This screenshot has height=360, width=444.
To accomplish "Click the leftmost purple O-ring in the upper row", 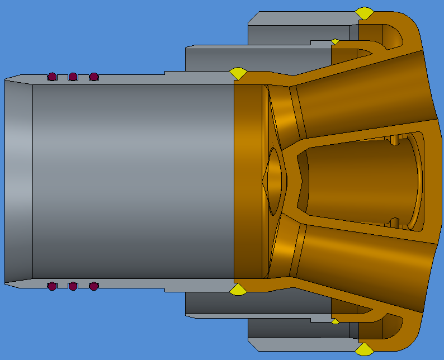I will [x=52, y=76].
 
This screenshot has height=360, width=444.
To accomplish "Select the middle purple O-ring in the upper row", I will [x=73, y=76].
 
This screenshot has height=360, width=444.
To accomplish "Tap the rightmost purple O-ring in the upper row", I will [x=93, y=76].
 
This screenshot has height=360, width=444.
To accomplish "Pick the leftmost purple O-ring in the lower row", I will [x=52, y=286].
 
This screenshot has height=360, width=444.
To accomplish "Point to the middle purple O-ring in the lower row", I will [x=73, y=286].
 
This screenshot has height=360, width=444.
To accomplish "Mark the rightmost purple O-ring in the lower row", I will [x=93, y=286].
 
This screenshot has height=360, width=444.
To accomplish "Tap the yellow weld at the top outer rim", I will [x=365, y=13].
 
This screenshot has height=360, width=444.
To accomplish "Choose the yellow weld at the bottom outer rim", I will [x=365, y=349].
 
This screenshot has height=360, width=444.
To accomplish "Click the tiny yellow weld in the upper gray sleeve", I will [x=335, y=41].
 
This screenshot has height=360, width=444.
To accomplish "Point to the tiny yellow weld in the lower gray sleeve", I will [x=335, y=321].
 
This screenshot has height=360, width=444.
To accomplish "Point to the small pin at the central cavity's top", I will [x=395, y=139].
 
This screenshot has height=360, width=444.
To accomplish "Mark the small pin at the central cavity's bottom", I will [x=395, y=221].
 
